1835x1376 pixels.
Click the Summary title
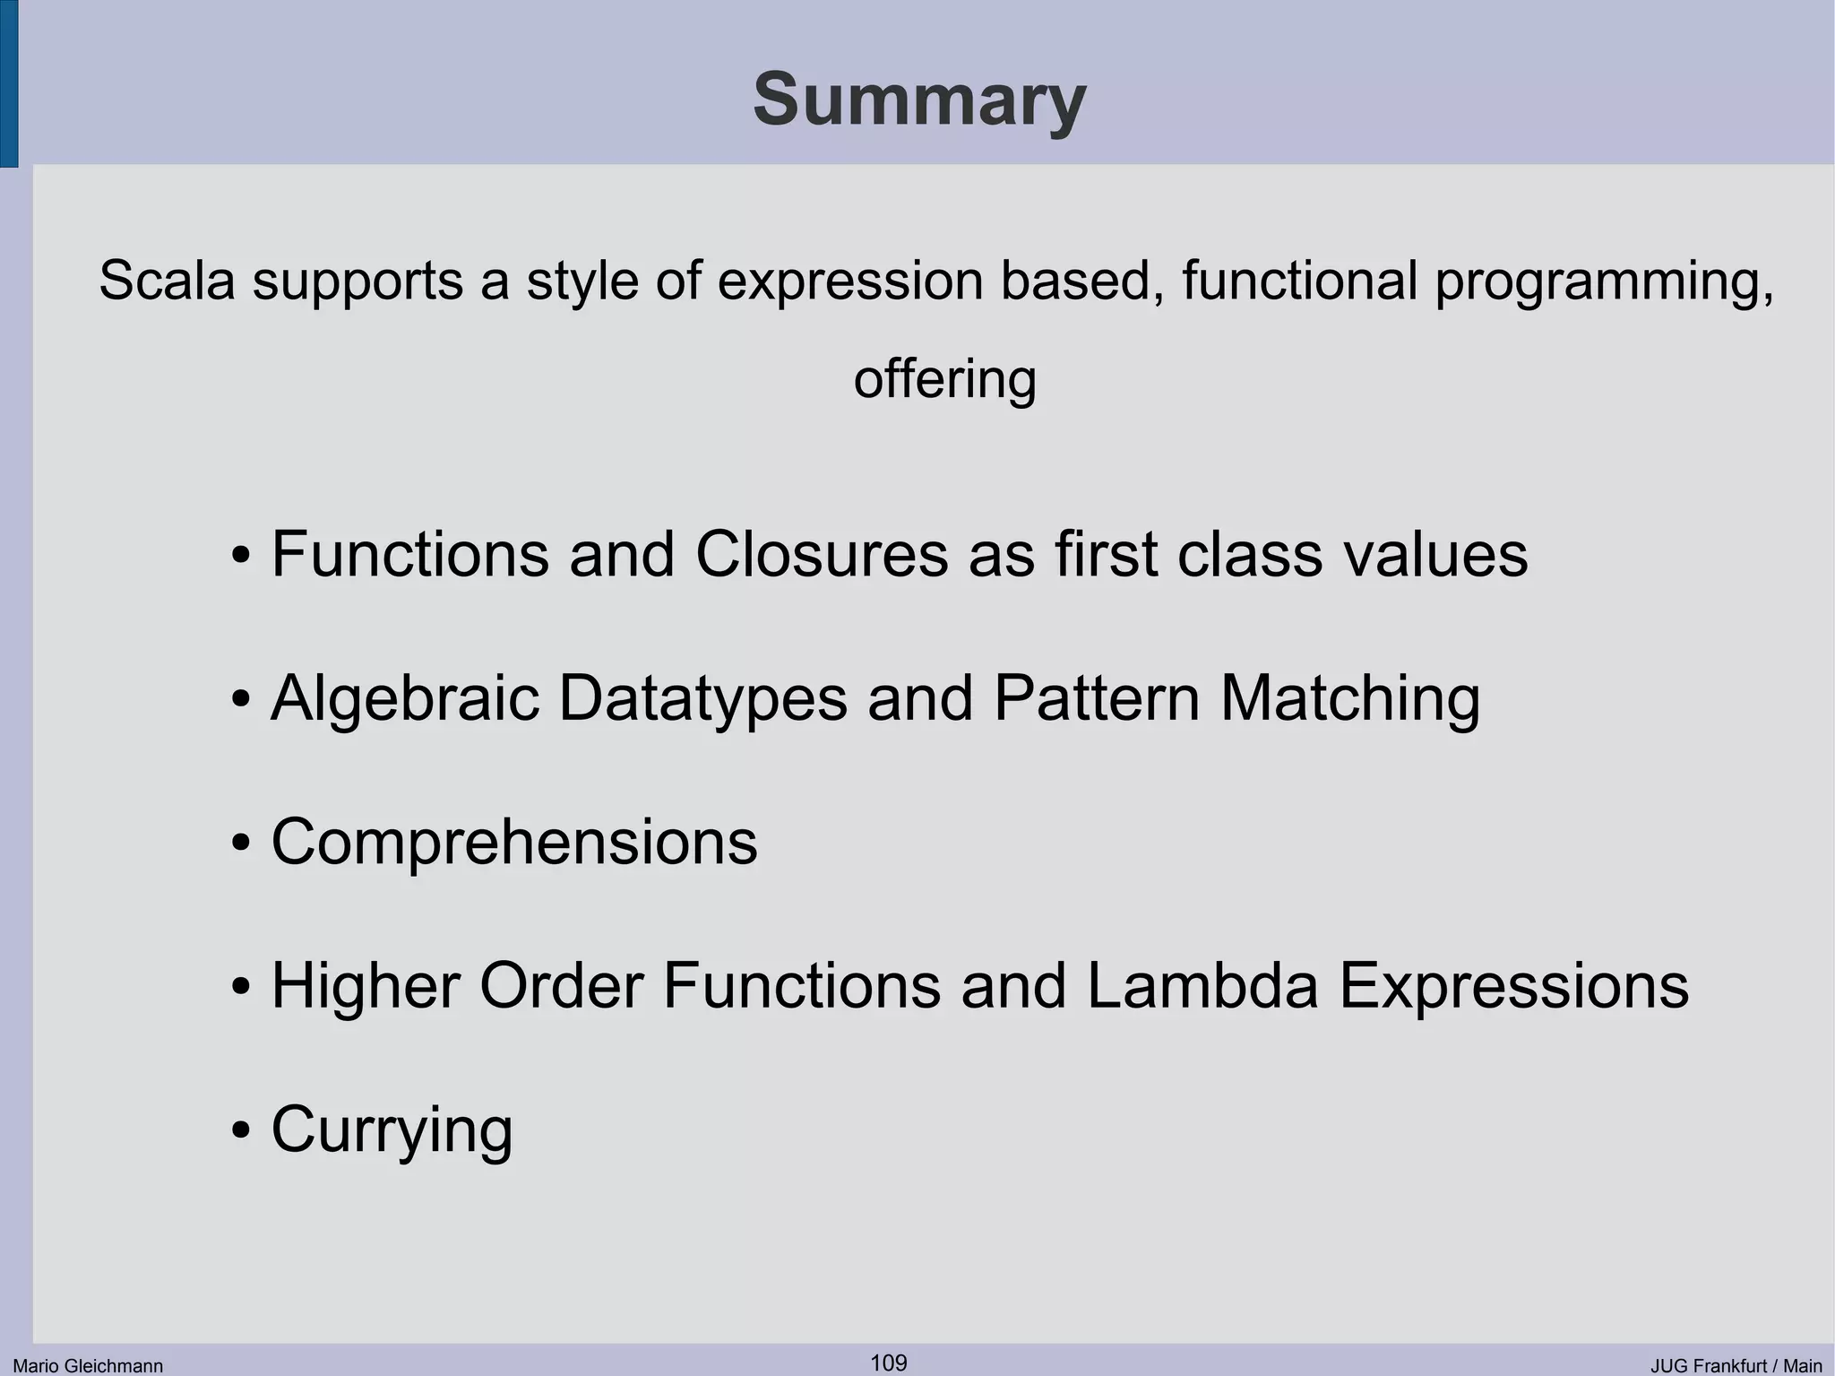click(918, 100)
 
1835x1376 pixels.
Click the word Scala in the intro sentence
click(167, 280)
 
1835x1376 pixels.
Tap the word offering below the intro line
click(944, 378)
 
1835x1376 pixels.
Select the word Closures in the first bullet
click(821, 554)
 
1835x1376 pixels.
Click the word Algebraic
click(405, 699)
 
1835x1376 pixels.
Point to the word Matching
click(1349, 699)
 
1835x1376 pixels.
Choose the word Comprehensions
click(514, 843)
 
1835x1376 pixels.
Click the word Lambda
click(1202, 986)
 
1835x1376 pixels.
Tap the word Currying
click(392, 1130)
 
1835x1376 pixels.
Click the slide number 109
click(888, 1363)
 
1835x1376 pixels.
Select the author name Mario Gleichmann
click(88, 1365)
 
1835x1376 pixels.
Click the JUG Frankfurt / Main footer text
click(1736, 1365)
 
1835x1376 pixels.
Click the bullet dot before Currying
click(240, 1131)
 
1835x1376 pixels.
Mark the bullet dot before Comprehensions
click(240, 844)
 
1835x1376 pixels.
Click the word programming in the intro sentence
click(1603, 281)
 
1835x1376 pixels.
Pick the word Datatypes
click(702, 699)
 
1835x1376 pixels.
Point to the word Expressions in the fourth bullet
click(1513, 986)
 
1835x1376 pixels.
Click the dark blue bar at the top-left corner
click(8, 83)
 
